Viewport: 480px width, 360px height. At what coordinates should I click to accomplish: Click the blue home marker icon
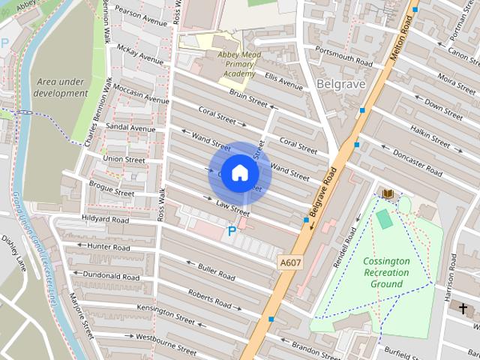(x=239, y=173)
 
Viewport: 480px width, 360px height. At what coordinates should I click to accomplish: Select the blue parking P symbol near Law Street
(x=232, y=232)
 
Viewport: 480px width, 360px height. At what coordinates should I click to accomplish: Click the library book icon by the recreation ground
(x=388, y=194)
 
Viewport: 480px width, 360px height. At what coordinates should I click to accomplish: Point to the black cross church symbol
(x=463, y=308)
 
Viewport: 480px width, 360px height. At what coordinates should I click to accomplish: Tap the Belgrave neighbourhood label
(x=340, y=83)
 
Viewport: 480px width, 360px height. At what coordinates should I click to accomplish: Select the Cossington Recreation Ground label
(x=386, y=272)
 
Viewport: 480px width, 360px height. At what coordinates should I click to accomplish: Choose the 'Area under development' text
(x=61, y=87)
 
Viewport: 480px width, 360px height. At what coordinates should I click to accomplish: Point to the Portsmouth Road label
(x=343, y=52)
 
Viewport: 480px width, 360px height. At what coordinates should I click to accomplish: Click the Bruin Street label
(x=248, y=97)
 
